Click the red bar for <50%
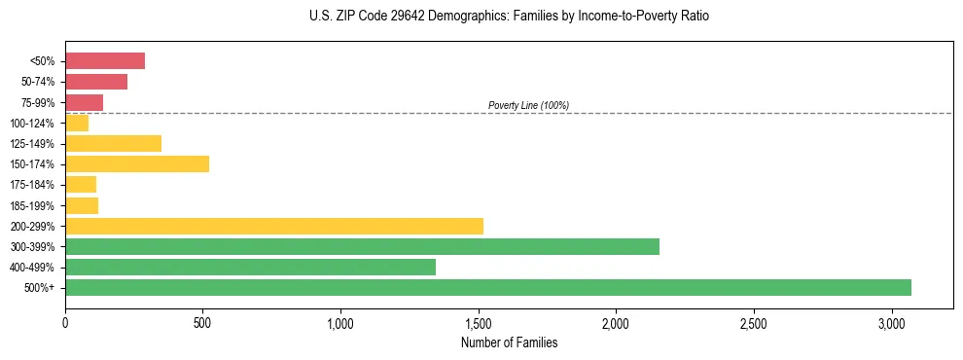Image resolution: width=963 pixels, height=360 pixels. [105, 61]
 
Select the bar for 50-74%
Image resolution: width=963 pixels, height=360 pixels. [96, 82]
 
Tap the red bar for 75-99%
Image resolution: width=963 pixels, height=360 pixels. [84, 102]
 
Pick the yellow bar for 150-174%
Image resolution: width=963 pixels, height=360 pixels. [137, 163]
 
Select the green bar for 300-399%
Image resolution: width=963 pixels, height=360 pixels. [362, 246]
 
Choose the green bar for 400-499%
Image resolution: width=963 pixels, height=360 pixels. [250, 267]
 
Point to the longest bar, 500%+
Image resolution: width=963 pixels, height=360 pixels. [488, 287]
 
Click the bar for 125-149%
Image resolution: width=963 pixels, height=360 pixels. [113, 143]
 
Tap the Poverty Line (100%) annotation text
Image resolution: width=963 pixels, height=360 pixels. [528, 105]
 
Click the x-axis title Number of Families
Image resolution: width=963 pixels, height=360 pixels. [509, 343]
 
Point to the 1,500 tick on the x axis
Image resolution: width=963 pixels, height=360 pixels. [479, 322]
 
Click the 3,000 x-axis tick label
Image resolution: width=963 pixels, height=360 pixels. [892, 322]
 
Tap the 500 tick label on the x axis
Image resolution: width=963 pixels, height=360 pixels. [202, 322]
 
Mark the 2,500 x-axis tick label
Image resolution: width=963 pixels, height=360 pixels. [754, 322]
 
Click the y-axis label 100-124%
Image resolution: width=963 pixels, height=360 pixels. [32, 124]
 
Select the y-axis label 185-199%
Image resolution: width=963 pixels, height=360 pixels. [32, 205]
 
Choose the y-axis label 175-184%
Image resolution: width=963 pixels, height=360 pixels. [32, 185]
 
